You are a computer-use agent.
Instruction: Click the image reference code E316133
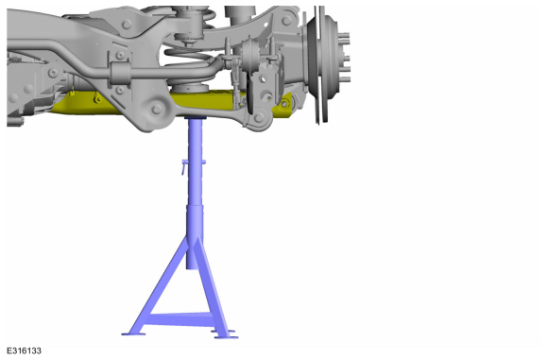point(24,351)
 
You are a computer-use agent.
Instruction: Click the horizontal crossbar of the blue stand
point(180,319)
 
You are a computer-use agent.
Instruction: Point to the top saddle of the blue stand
point(195,118)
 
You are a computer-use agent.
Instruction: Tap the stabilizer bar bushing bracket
point(120,73)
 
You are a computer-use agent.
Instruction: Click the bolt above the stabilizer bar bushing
point(120,56)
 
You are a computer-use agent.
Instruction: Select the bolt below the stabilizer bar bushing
point(120,90)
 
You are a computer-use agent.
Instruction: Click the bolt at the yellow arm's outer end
point(284,104)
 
